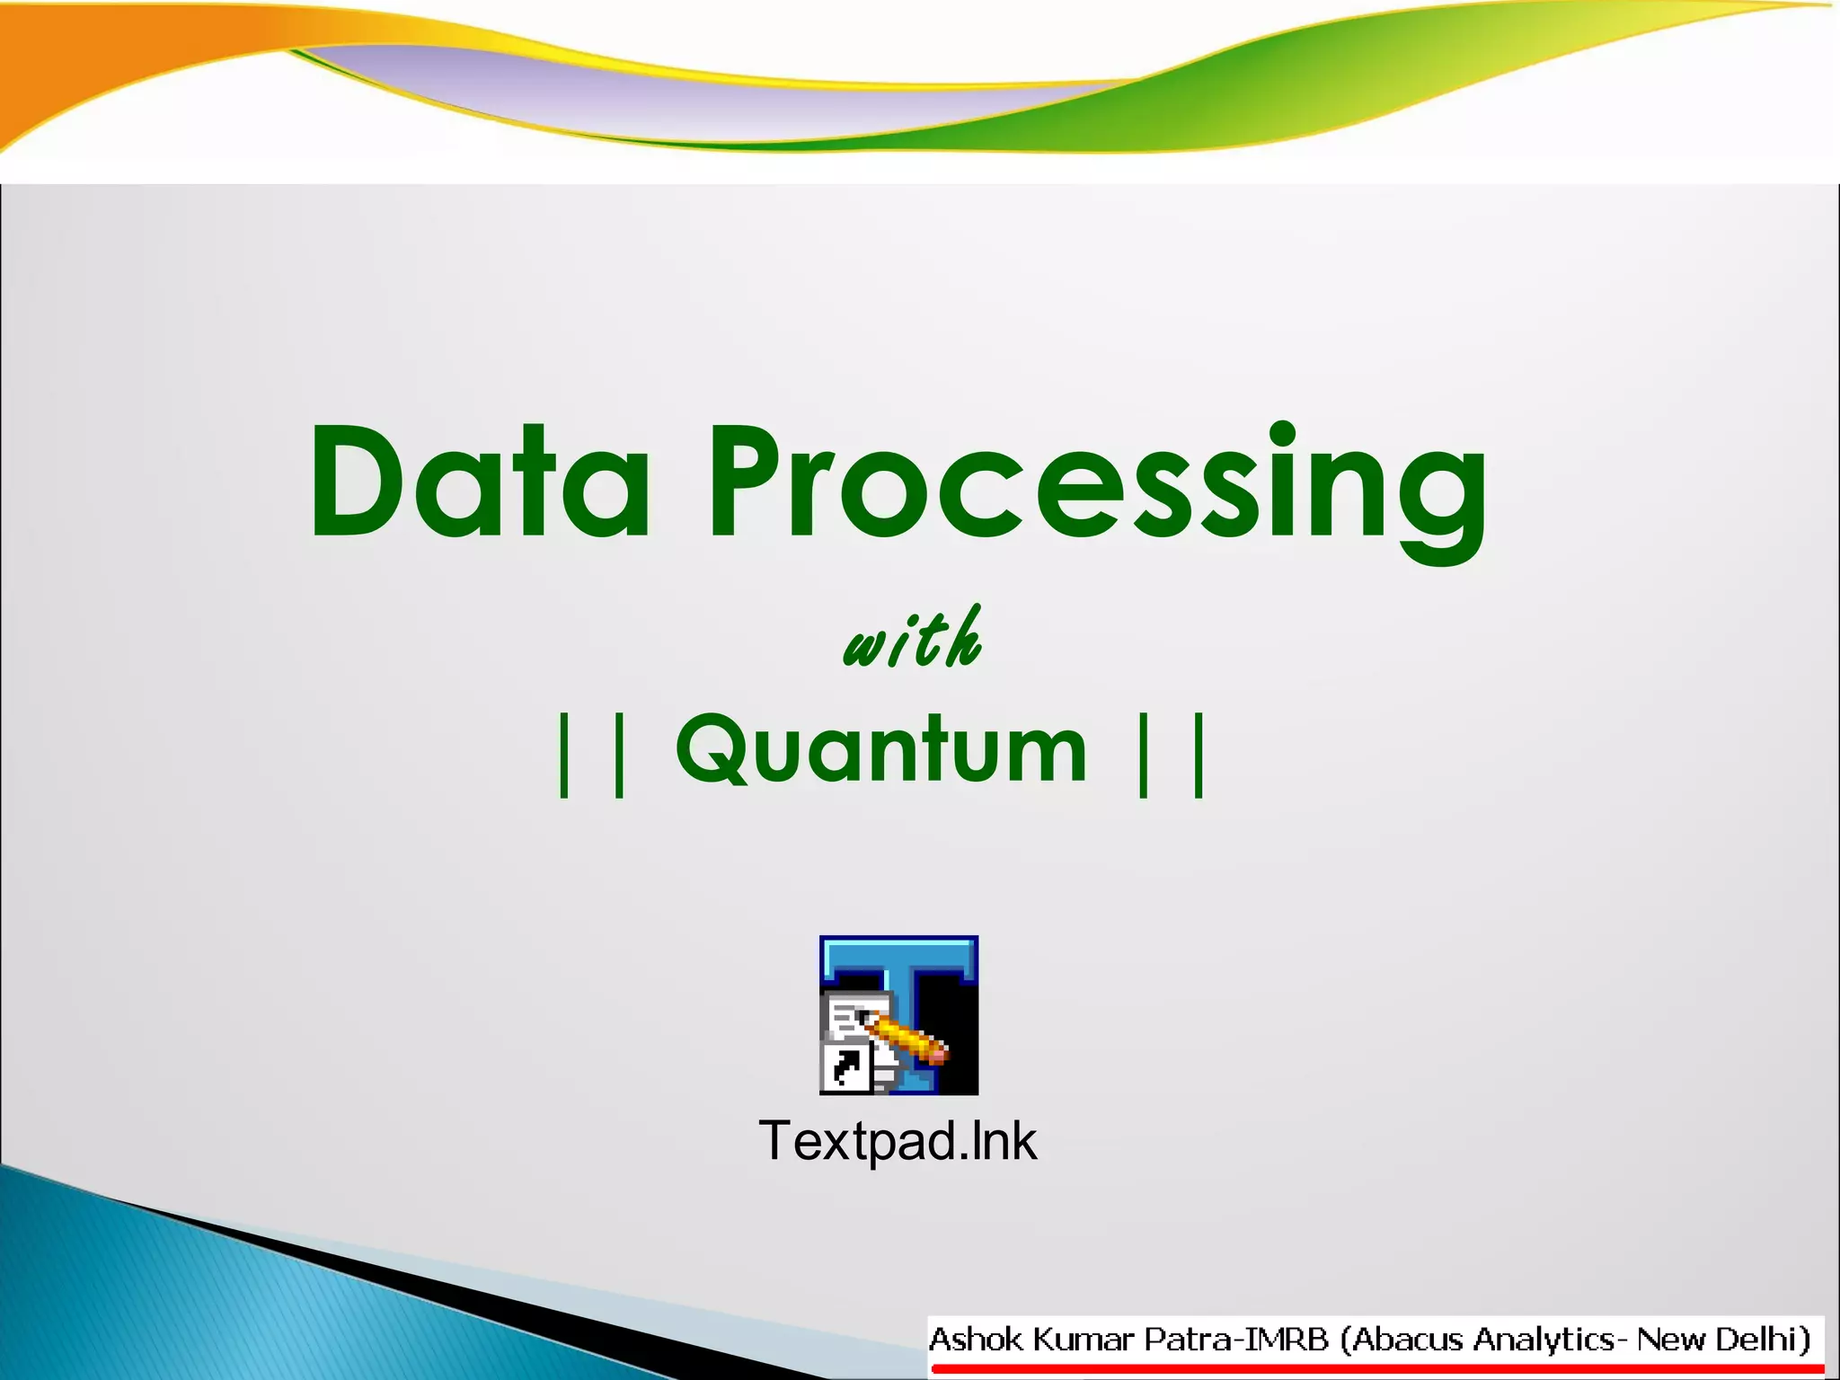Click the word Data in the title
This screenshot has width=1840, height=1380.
coord(479,483)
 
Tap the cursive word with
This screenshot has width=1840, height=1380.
coord(912,640)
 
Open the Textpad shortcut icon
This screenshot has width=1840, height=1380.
coord(898,1015)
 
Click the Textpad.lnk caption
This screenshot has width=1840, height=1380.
coord(898,1141)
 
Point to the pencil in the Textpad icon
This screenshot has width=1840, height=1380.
coord(907,1038)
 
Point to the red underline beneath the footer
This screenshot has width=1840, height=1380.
coord(1375,1369)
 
